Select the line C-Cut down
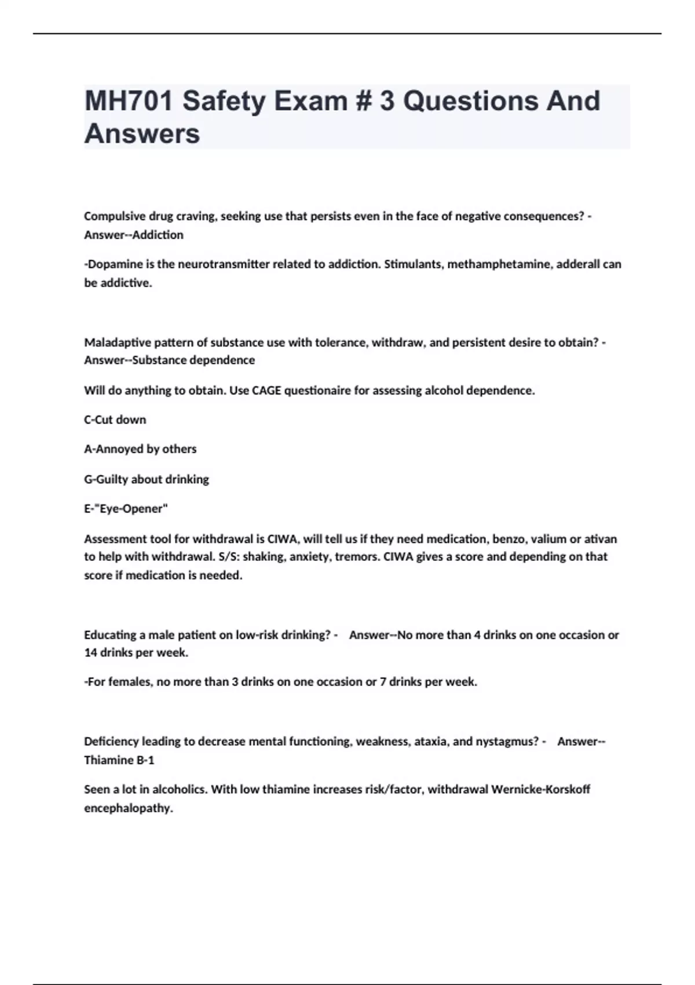click(115, 419)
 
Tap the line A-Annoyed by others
click(140, 449)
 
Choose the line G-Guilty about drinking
click(147, 479)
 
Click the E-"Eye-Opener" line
click(126, 509)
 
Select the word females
click(130, 682)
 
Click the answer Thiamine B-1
click(119, 760)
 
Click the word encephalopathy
click(129, 808)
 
